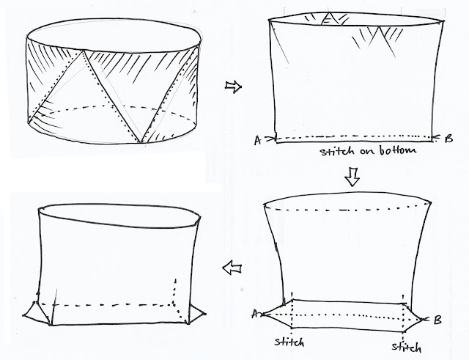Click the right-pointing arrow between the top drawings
(233, 87)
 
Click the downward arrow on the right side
(352, 177)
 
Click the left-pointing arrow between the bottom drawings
(232, 267)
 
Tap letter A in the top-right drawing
(257, 140)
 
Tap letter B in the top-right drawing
(448, 139)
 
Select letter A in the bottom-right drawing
(255, 314)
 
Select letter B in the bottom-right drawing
(437, 320)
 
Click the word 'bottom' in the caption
(398, 150)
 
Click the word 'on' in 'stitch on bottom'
(368, 151)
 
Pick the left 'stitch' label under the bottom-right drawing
(289, 342)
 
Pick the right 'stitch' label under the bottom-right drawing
(407, 348)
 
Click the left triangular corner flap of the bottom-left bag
(36, 313)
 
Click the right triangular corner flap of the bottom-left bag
(196, 315)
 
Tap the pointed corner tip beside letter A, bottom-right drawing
(263, 315)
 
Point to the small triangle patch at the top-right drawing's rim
(328, 18)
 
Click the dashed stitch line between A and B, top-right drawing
(353, 137)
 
